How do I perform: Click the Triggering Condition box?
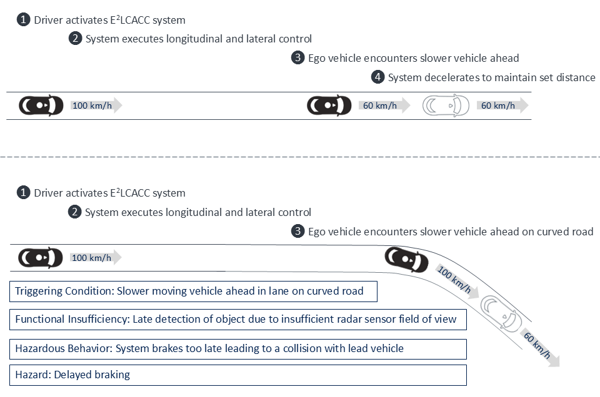194,291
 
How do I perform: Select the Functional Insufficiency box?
237,319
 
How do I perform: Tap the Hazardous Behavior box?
237,348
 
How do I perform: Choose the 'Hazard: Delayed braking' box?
237,375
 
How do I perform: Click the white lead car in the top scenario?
446,105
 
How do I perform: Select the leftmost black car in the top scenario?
41,105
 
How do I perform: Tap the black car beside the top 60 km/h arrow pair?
329,105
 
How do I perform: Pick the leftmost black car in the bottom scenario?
41,257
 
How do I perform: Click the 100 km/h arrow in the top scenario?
96,105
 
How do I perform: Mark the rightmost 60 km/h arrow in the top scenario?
502,105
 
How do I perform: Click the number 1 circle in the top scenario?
23,20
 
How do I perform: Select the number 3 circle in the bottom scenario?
297,232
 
